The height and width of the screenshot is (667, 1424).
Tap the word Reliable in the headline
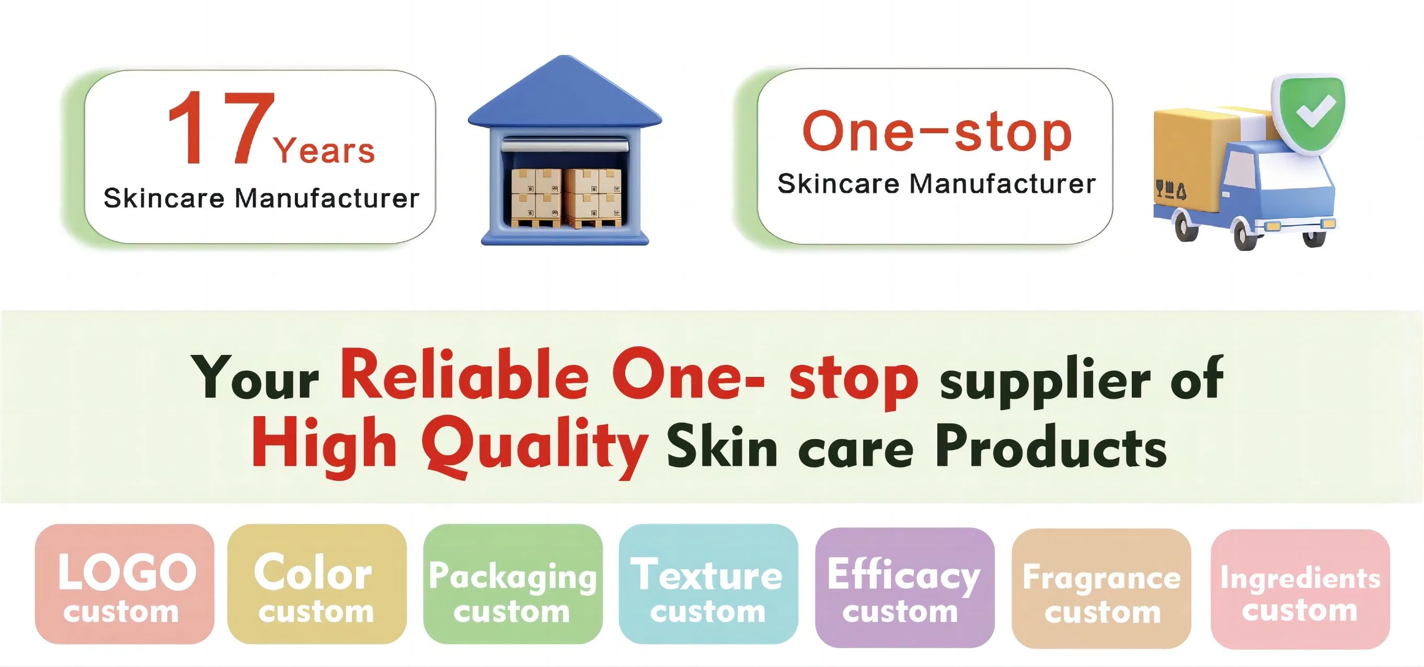coord(464,376)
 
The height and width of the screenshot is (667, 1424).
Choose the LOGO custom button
coord(124,584)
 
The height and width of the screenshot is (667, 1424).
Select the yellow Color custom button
coord(317,584)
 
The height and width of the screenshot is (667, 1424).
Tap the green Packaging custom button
coord(512,584)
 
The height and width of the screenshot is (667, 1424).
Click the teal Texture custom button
coord(708,584)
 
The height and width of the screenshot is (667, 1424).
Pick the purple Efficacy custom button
coord(904,588)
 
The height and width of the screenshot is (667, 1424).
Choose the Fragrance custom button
coord(1101,589)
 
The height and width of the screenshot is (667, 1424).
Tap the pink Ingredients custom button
coord(1300,589)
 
